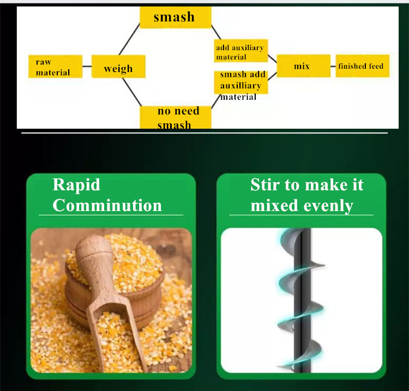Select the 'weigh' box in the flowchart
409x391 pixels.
(x=118, y=69)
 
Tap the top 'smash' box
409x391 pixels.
(x=174, y=17)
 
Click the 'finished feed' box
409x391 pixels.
(x=362, y=67)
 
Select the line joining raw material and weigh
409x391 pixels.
(x=87, y=67)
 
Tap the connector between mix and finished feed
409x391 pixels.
(x=333, y=66)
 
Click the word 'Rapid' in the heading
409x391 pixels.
(x=76, y=185)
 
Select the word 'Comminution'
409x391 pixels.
(x=107, y=206)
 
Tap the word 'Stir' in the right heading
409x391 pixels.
(x=268, y=185)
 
